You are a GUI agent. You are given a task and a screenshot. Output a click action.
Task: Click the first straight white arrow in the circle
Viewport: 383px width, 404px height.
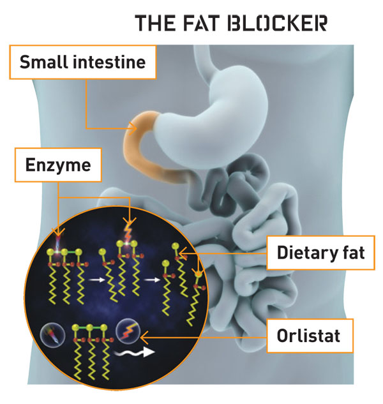tap(96, 280)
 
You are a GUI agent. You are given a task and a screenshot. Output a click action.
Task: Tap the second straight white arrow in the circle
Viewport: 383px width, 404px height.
tap(152, 280)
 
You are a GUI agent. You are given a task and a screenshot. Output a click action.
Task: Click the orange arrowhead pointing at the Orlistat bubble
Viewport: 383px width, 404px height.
tap(144, 333)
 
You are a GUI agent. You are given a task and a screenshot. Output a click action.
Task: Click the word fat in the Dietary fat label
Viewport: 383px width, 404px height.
tap(349, 253)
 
